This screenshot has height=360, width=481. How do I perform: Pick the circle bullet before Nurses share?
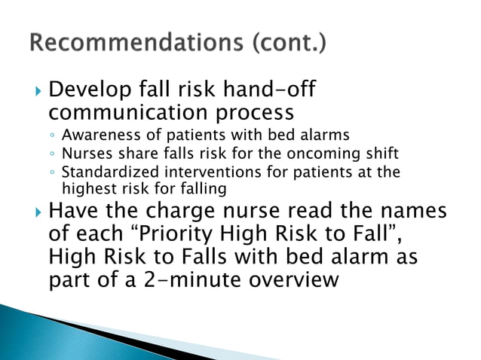52,154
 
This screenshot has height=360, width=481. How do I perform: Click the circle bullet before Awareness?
52,137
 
